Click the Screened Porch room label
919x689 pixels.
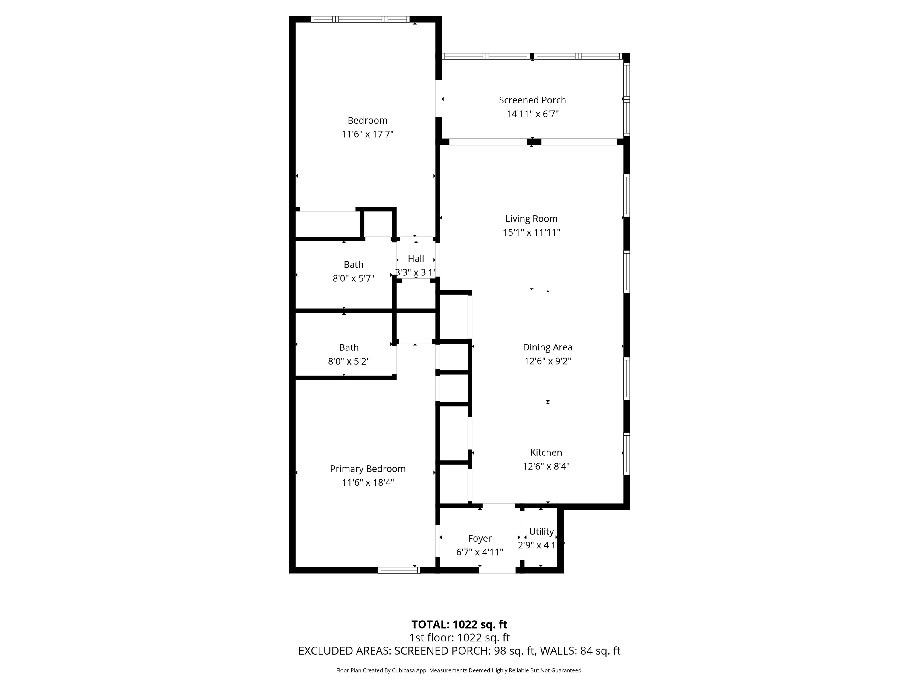pyautogui.click(x=532, y=100)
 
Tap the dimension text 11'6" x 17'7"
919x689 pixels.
pyautogui.click(x=367, y=134)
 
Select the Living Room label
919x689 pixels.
pyautogui.click(x=531, y=219)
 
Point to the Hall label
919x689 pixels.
pyautogui.click(x=416, y=259)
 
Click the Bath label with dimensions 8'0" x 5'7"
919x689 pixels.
pyautogui.click(x=354, y=265)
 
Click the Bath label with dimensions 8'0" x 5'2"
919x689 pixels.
pyautogui.click(x=349, y=347)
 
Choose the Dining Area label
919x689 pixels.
pyautogui.click(x=547, y=347)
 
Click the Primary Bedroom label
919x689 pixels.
pyautogui.click(x=368, y=469)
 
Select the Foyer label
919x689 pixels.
pyautogui.click(x=480, y=539)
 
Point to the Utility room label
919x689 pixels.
pyautogui.click(x=541, y=532)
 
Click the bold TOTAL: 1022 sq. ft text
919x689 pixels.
pyautogui.click(x=459, y=625)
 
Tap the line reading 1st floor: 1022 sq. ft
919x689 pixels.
pyautogui.click(x=459, y=638)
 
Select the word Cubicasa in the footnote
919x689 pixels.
pyautogui.click(x=402, y=670)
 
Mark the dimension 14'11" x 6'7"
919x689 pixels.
pyautogui.click(x=532, y=114)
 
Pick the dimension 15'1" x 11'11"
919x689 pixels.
pyautogui.click(x=531, y=233)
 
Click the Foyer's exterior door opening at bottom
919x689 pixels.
pyautogui.click(x=497, y=570)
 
